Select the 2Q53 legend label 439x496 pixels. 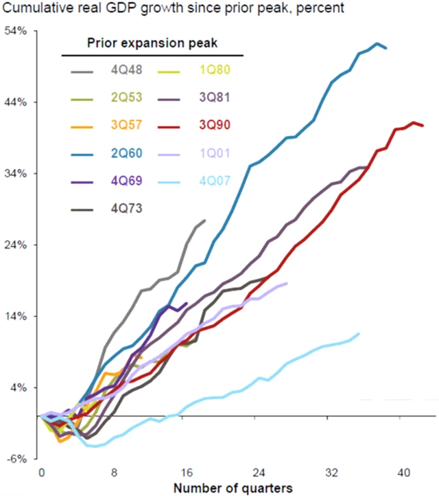pos(126,96)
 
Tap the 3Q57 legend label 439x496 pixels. pos(126,124)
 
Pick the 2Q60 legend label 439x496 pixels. pos(126,153)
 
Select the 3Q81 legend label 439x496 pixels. pos(215,96)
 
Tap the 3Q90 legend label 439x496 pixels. pos(215,124)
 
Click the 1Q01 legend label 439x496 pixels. pos(215,153)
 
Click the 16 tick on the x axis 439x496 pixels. pos(187,473)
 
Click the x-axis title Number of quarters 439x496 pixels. pos(233,487)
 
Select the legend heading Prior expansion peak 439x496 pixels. pos(152,43)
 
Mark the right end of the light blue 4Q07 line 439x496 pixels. pos(359,334)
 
